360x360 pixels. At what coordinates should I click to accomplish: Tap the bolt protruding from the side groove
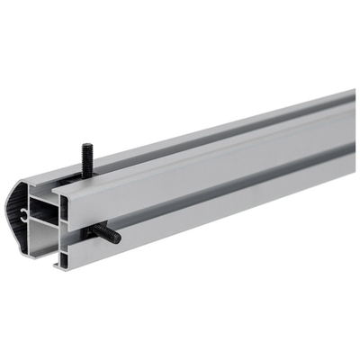pos(104,233)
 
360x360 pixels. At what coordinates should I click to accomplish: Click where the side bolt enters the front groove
pos(93,229)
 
